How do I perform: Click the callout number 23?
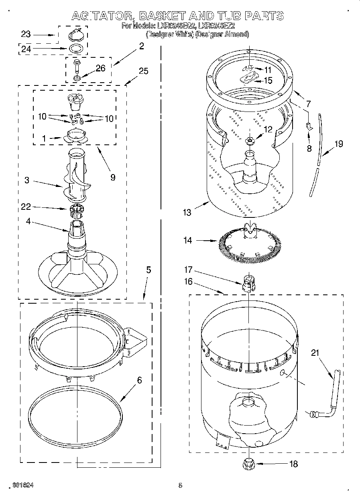click(26, 34)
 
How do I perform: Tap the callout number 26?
click(100, 69)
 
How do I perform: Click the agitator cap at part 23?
click(76, 34)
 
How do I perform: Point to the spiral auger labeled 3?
click(76, 176)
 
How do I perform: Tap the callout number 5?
click(148, 270)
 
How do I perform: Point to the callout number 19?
click(339, 144)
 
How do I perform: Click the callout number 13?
click(187, 212)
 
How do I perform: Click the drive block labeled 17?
click(248, 283)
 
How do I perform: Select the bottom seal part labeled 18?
click(249, 464)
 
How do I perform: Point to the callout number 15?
click(268, 81)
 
